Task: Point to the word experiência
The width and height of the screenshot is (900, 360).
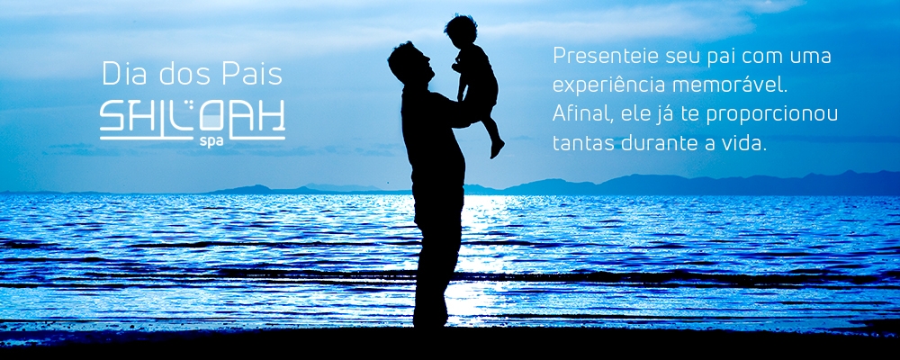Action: pos(609,85)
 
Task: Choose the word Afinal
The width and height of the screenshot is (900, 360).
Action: pos(578,114)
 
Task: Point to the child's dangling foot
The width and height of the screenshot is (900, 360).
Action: pos(497,148)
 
